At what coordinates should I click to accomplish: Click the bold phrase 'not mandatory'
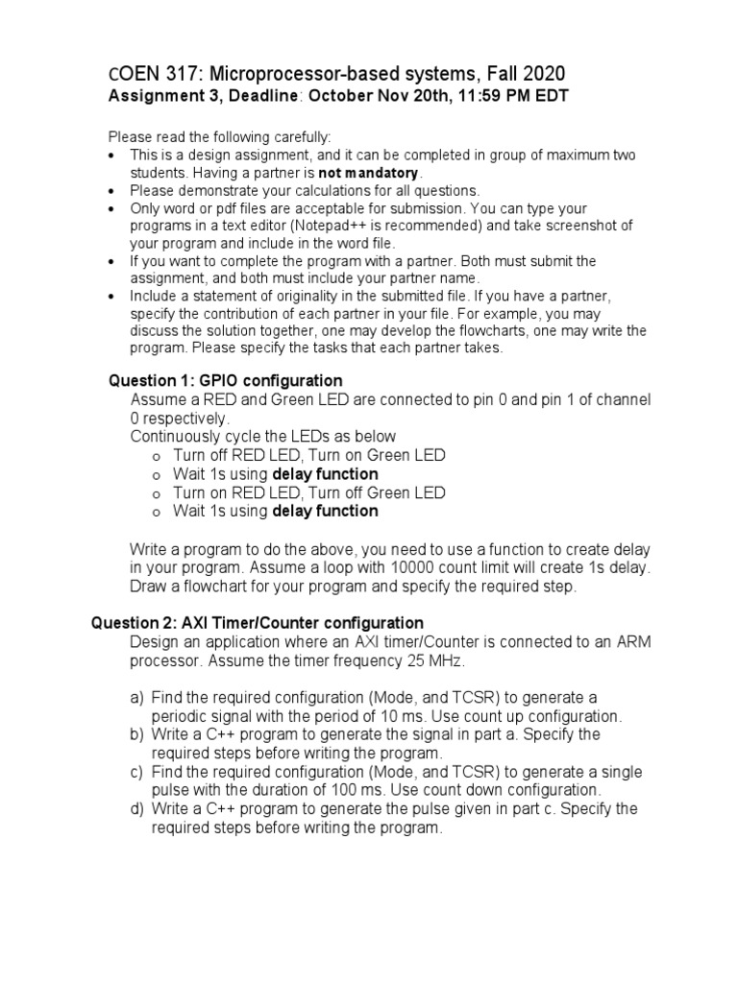point(371,173)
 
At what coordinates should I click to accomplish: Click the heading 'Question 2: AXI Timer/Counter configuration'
point(257,623)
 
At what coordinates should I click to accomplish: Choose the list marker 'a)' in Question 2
point(138,698)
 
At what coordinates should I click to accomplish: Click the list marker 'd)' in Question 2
point(138,809)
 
